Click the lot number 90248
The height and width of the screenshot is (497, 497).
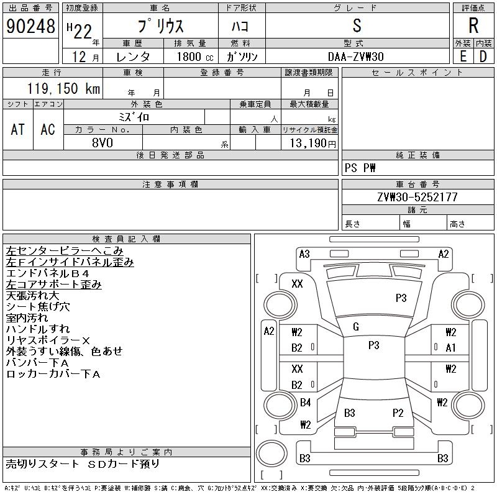coord(30,26)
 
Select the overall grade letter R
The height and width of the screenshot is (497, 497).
coord(473,26)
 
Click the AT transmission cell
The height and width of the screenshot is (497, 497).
coord(18,129)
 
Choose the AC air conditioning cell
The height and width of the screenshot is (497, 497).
coord(48,129)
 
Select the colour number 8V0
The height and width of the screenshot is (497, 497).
coord(103,142)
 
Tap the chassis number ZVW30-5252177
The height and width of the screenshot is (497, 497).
coord(417,197)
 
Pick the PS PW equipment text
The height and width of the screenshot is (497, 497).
coord(360,168)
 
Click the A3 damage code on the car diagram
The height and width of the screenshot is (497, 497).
coord(304,253)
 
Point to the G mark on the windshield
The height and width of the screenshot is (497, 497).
coord(355,327)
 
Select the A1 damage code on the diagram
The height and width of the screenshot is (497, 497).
coord(451,348)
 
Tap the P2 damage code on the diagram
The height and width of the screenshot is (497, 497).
coord(398,413)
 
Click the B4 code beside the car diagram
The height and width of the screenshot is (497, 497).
coord(305,403)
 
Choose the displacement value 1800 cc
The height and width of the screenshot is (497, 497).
coord(191,57)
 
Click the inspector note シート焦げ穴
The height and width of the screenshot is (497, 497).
coord(38,306)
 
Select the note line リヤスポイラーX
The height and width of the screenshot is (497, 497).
coord(48,340)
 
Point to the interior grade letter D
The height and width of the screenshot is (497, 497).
coord(483,57)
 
